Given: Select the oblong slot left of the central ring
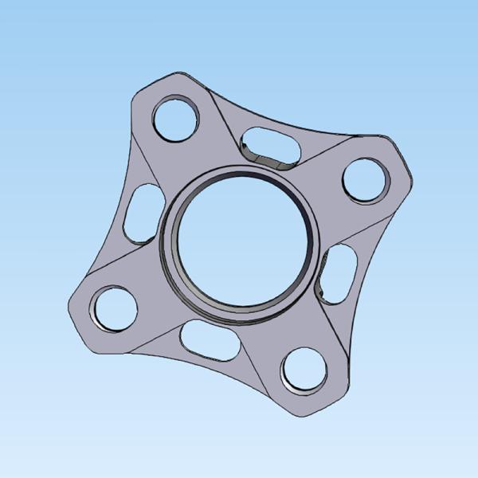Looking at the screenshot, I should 143,213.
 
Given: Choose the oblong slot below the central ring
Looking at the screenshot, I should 210,341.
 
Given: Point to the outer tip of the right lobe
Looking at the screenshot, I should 411,179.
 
